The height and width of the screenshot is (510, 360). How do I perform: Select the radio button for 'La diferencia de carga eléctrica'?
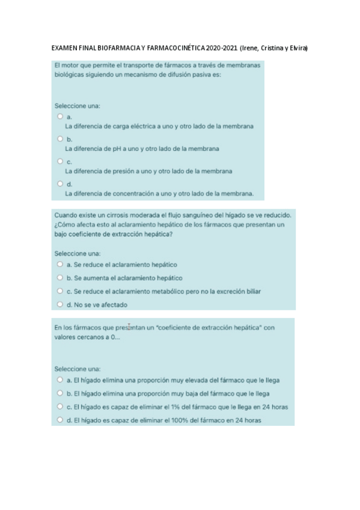point(60,116)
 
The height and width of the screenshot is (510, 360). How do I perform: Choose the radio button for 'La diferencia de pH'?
point(60,138)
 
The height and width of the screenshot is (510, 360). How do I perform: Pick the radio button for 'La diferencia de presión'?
point(60,161)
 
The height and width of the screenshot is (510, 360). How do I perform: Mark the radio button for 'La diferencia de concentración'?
point(60,183)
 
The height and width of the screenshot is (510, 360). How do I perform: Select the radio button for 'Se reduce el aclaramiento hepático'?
point(60,264)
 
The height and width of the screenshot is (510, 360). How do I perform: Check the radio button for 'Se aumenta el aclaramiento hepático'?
point(60,278)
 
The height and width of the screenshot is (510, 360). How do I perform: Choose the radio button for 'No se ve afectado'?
point(60,304)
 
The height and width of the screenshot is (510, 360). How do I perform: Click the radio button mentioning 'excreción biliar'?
point(60,291)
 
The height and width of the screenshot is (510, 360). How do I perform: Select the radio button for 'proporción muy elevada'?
point(60,380)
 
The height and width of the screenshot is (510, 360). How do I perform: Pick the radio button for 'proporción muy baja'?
point(60,393)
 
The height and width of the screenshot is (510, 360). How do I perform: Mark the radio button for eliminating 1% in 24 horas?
point(60,407)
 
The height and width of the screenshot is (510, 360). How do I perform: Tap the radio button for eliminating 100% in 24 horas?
point(60,420)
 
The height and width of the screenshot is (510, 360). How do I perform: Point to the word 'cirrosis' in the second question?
point(117,214)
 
